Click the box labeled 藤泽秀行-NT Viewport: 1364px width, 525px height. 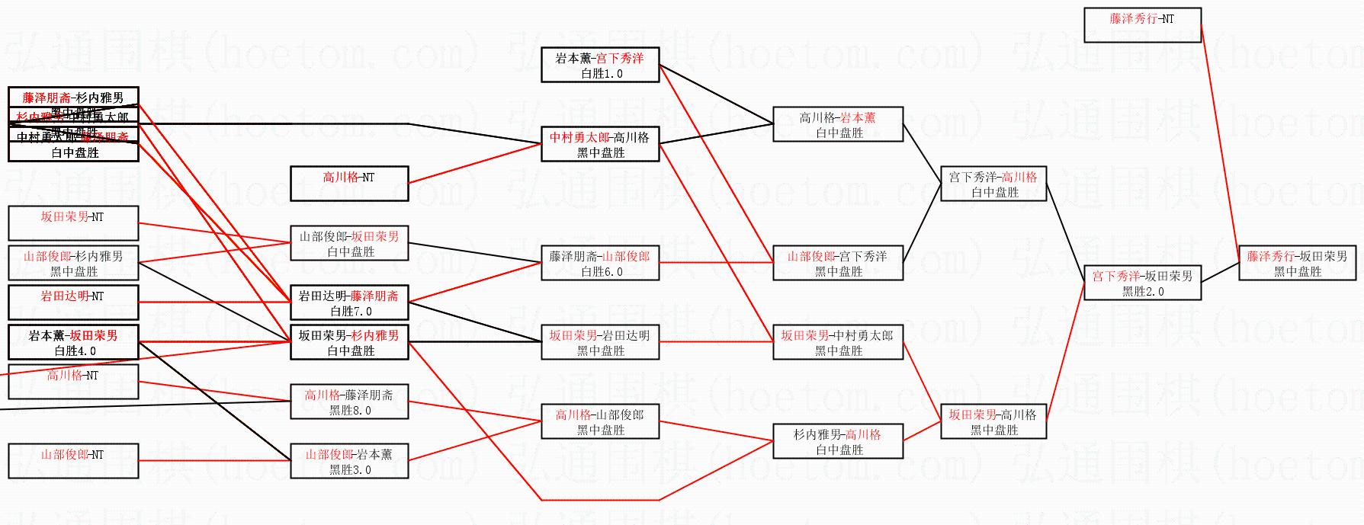[1142, 24]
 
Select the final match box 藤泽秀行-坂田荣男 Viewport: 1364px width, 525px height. [1297, 263]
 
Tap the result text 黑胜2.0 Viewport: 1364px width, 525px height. [1142, 291]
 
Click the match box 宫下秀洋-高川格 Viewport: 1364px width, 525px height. [993, 184]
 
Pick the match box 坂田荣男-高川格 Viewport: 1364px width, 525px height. [993, 421]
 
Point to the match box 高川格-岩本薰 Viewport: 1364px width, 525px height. [837, 124]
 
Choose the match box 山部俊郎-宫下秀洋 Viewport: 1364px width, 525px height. [837, 263]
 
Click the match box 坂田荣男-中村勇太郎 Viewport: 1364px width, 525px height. [837, 342]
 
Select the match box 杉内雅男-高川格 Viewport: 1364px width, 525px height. [837, 441]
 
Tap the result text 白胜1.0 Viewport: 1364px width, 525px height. [601, 74]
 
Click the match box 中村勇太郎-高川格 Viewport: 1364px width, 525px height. [600, 144]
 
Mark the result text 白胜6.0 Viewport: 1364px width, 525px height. [601, 271]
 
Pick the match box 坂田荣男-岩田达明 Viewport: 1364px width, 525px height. [600, 342]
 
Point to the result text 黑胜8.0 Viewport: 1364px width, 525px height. [350, 410]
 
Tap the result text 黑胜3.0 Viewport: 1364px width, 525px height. [350, 469]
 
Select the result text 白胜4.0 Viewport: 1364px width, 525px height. [75, 351]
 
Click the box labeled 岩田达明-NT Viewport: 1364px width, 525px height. [73, 302]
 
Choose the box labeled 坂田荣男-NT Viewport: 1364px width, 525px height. [73, 222]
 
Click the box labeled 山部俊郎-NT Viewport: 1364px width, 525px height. [73, 460]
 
